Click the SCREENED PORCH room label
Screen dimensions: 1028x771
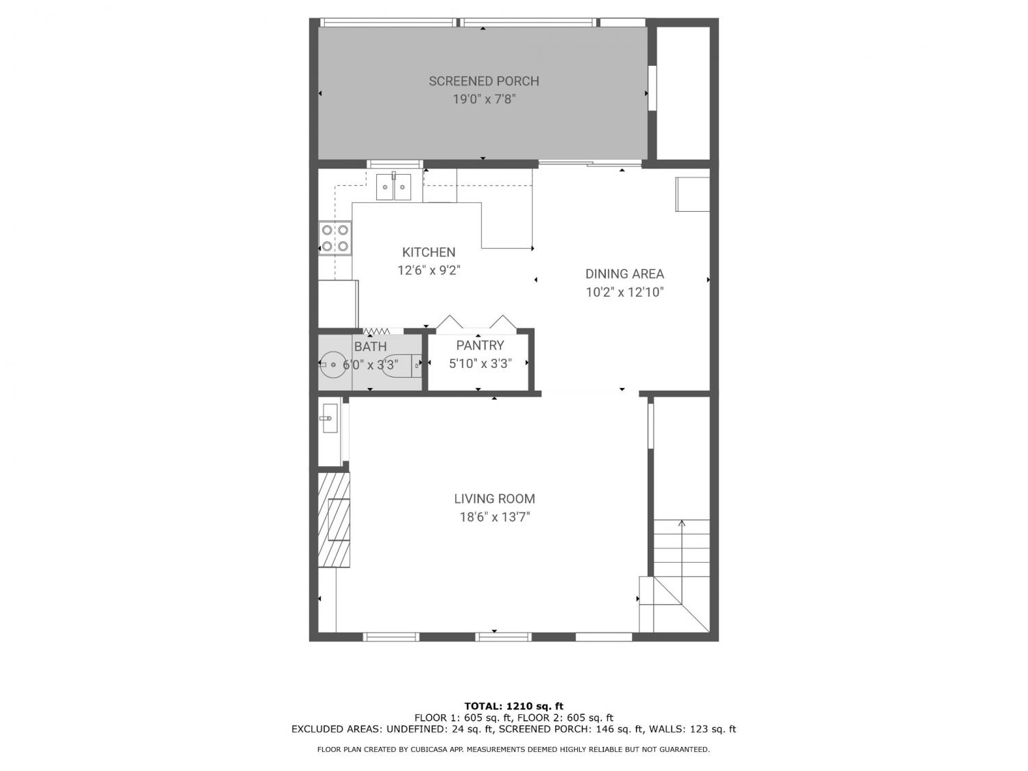click(484, 81)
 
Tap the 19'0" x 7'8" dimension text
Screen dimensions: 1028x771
click(484, 99)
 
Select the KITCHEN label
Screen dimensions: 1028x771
click(428, 252)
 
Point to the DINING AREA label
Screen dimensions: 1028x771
click(624, 274)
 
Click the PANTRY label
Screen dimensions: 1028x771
click(480, 345)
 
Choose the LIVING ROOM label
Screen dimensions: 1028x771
click(495, 499)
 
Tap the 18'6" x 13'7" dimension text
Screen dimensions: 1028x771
click(495, 517)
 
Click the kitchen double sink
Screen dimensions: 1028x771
click(393, 186)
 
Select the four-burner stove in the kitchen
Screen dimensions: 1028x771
click(335, 238)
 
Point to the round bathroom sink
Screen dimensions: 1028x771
click(333, 364)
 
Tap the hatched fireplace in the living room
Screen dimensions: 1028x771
click(334, 520)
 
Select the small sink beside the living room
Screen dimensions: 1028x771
click(330, 418)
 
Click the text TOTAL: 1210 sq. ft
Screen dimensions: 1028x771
click(514, 706)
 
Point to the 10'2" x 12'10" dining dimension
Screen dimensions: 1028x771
click(625, 292)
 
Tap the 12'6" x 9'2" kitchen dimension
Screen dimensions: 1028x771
click(429, 271)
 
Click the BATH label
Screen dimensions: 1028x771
click(371, 347)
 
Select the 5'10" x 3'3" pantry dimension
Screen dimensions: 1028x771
click(480, 364)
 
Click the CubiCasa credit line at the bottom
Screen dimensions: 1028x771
click(513, 750)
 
